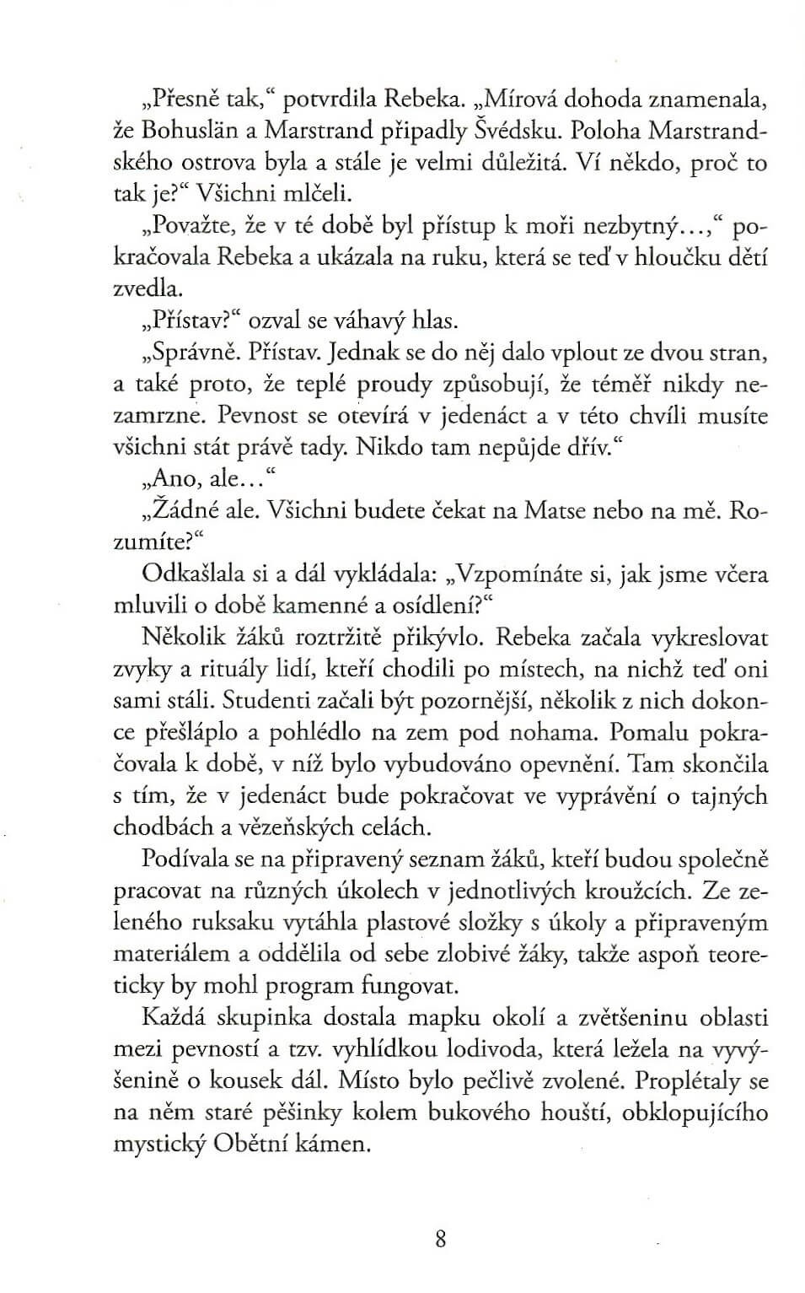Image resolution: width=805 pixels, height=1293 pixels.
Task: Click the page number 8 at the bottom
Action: pos(441,1239)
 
